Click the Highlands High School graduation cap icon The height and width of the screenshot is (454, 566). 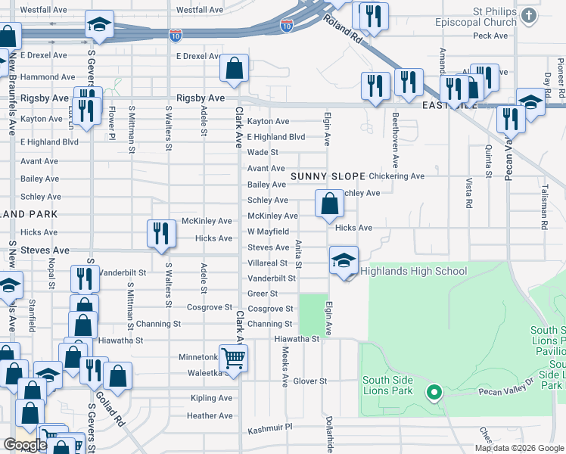click(344, 260)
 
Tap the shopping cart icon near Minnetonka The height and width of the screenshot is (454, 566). click(234, 358)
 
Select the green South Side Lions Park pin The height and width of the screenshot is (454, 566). click(434, 392)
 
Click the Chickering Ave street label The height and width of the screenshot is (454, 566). click(397, 176)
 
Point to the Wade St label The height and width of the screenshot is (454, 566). click(263, 153)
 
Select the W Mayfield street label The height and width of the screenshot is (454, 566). click(268, 232)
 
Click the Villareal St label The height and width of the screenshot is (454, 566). click(268, 263)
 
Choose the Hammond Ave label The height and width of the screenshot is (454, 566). click(48, 77)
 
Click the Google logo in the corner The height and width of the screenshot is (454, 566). click(25, 445)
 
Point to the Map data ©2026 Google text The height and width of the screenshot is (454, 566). click(518, 448)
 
